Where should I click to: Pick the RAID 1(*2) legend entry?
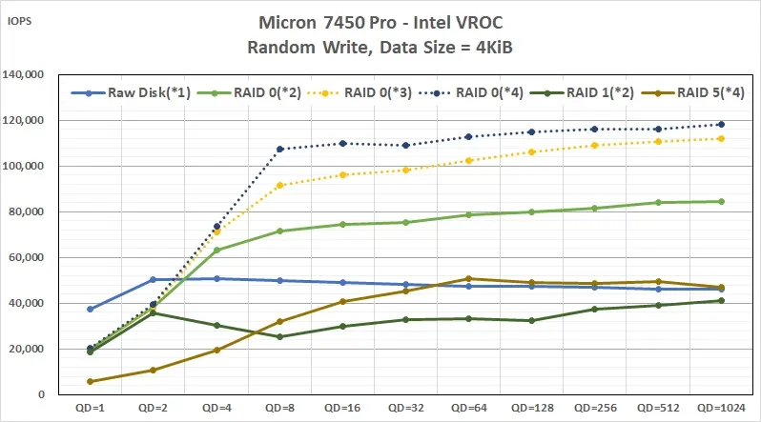588,93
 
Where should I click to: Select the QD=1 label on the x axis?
90,409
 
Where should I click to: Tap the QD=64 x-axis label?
467,409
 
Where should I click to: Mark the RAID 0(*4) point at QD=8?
279,150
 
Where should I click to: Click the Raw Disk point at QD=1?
91,309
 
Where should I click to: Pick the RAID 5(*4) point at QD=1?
91,381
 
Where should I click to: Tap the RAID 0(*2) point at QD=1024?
720,201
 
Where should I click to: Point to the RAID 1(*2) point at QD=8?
279,336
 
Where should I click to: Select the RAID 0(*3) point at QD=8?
279,185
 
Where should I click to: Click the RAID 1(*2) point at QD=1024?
720,301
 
